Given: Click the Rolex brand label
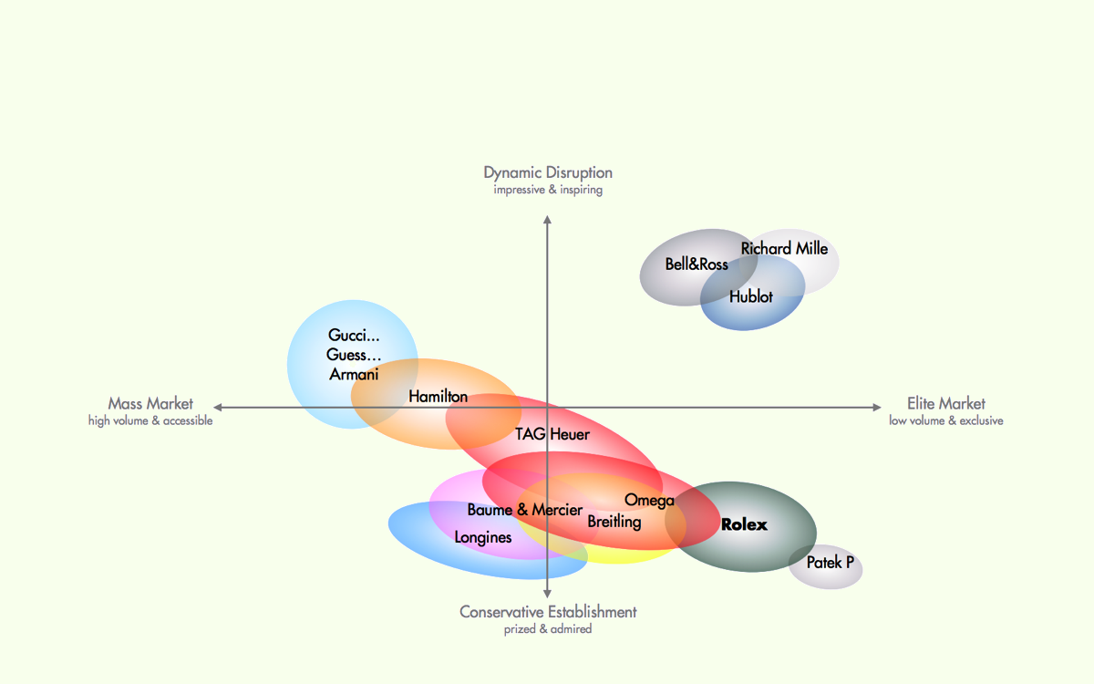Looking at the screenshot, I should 744,524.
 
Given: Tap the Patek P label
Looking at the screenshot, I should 830,563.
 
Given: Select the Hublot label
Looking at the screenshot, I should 750,296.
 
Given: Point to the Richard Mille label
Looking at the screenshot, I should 784,248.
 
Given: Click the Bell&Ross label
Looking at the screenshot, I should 697,264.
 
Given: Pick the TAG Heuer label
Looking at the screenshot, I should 552,434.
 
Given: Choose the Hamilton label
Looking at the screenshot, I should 438,397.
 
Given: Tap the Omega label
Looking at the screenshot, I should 649,500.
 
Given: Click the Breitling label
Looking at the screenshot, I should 614,522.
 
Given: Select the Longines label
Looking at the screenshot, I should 483,537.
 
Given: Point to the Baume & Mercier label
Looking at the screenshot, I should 524,510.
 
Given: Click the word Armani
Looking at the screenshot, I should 354,374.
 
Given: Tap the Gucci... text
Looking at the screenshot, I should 354,336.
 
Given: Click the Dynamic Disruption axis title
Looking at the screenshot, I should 548,172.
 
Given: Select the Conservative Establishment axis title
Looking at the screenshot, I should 548,611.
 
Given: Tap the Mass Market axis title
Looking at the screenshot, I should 150,403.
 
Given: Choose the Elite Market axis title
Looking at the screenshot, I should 946,403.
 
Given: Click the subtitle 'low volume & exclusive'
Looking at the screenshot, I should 946,421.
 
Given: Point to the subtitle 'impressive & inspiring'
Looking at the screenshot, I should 548,191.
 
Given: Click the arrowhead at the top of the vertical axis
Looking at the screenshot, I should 547,220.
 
